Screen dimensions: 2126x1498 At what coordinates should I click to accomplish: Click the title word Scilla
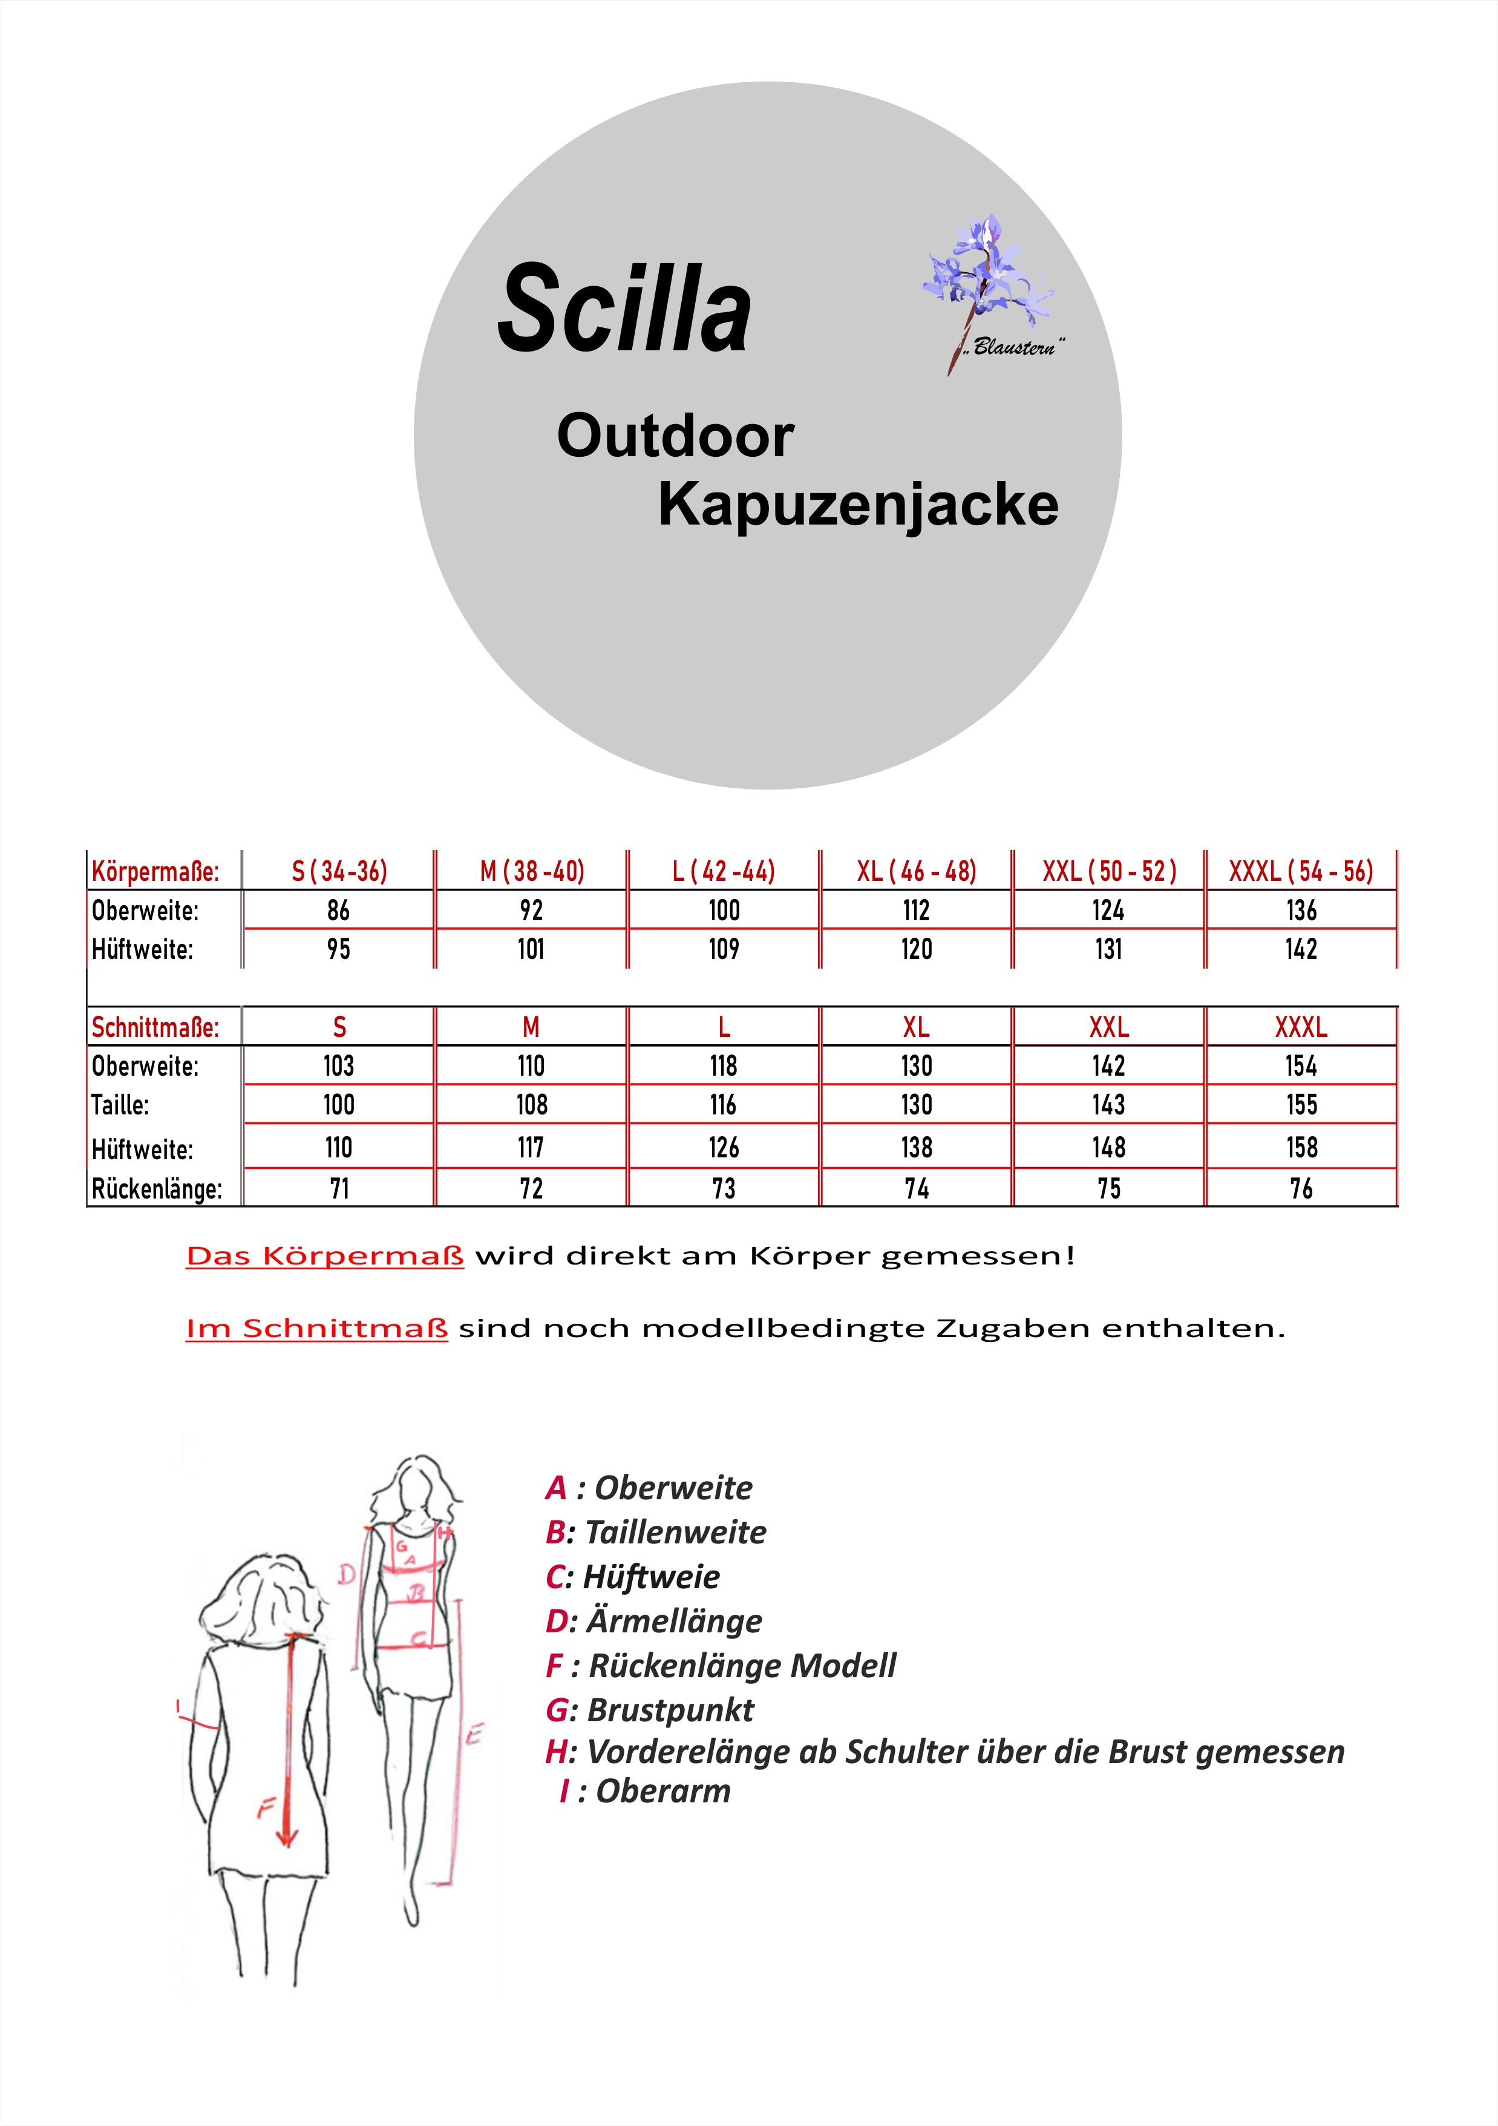tap(623, 309)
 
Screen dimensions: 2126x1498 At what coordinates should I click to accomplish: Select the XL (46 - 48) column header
tap(915, 871)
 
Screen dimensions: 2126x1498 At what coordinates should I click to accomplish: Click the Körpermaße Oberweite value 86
tap(338, 910)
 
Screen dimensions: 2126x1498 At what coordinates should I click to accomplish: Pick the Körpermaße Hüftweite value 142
tap(1301, 949)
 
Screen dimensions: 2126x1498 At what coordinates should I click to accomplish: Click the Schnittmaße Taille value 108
tap(531, 1105)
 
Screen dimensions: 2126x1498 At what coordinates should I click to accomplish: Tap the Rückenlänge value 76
tap(1301, 1188)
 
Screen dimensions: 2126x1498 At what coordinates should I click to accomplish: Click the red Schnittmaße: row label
tap(155, 1027)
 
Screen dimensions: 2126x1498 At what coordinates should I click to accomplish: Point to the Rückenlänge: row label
tap(157, 1189)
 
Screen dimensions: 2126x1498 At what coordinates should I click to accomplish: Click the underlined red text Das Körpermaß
tap(325, 1257)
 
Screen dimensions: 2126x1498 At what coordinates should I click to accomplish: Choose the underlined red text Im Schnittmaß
tap(316, 1329)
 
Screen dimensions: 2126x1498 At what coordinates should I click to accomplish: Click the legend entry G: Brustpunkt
tap(650, 1709)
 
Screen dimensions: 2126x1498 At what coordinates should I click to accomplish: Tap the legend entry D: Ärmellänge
tap(653, 1620)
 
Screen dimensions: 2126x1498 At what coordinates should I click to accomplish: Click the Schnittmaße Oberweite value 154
tap(1301, 1066)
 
